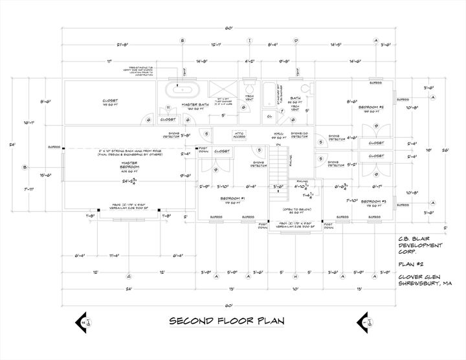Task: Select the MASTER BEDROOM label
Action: coord(129,166)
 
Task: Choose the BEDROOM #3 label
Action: coord(373,201)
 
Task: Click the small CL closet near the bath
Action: coord(269,116)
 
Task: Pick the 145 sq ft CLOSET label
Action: coord(110,102)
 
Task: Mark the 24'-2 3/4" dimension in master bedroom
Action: coord(129,181)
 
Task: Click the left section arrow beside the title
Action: coord(83,322)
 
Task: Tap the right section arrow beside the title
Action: coord(364,322)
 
